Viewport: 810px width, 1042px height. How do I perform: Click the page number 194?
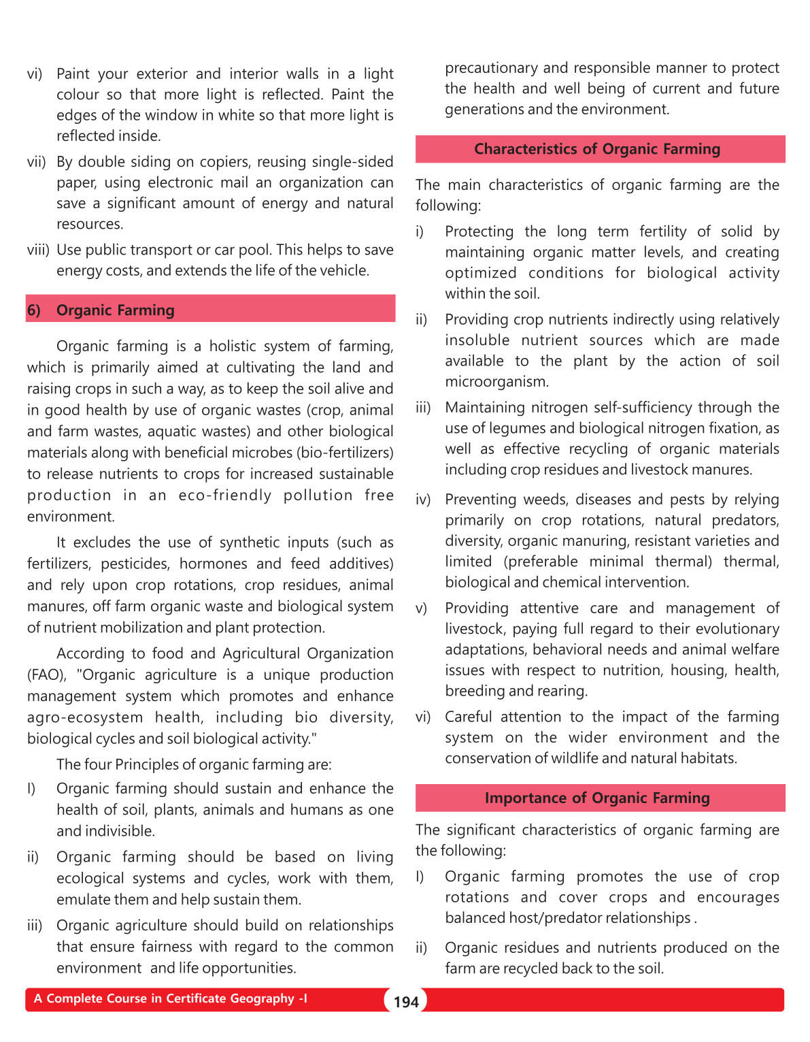tap(406, 1002)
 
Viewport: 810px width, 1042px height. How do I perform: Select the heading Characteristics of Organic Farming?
tap(597, 149)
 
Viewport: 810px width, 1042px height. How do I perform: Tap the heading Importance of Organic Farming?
tap(597, 798)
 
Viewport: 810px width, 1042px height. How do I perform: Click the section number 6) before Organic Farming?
tap(34, 310)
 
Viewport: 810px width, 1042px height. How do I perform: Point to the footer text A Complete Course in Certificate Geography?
tap(170, 998)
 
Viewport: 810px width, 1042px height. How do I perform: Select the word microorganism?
tap(496, 381)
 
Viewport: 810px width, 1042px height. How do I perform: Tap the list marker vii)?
tap(36, 162)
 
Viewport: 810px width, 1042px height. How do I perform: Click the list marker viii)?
tap(38, 250)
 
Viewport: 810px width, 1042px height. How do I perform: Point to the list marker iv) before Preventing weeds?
tap(423, 500)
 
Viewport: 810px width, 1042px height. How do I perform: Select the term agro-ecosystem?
tap(85, 717)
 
